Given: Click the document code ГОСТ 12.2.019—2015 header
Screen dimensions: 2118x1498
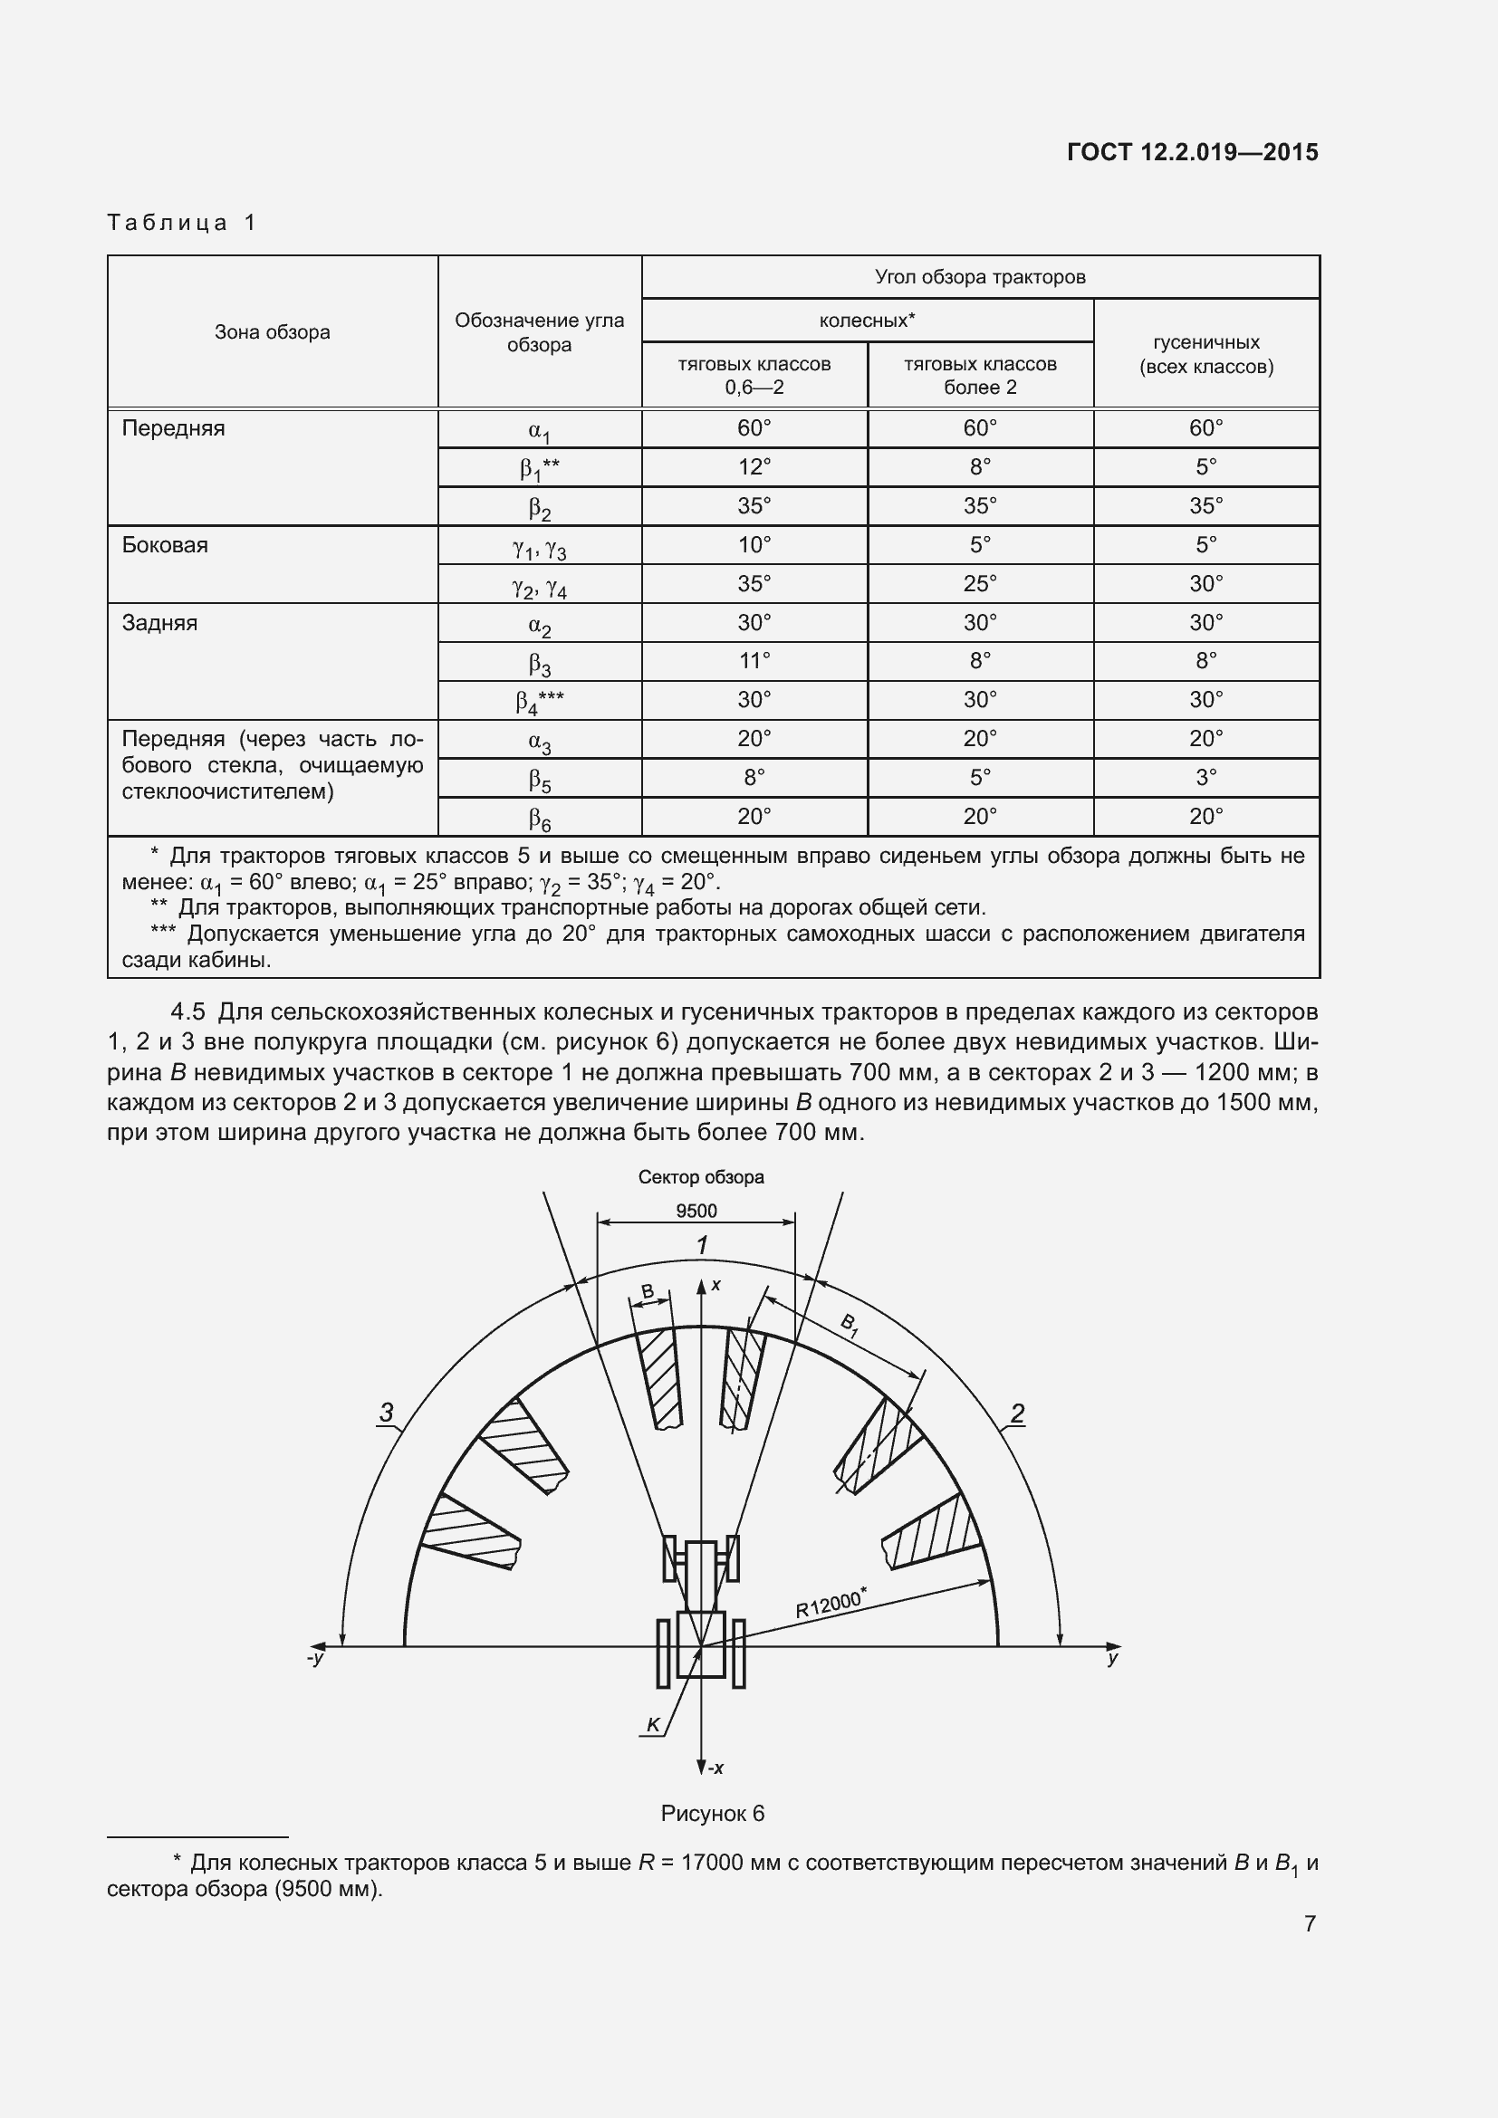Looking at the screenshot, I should coord(1192,153).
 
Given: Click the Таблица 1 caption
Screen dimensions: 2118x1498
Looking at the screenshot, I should coord(182,223).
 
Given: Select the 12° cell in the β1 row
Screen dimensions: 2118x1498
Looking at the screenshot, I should coord(754,466).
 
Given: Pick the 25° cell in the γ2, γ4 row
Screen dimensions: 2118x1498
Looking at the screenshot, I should coord(980,584).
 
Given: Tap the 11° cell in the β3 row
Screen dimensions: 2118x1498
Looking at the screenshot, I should coord(754,661).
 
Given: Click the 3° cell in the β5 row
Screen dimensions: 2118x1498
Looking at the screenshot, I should coord(1205,778).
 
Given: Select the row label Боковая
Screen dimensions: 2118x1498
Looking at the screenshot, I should coord(165,545).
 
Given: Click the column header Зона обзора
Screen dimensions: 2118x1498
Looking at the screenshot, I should coord(272,332).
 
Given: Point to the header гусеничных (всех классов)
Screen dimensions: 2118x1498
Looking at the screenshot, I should coord(1205,354).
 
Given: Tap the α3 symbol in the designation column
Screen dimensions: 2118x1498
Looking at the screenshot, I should coord(540,741).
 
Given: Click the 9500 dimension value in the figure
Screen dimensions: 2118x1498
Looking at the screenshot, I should coord(696,1212).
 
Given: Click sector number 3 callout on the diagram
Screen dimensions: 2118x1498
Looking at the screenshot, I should coord(387,1412).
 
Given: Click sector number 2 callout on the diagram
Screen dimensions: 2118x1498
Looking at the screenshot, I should coord(1017,1413).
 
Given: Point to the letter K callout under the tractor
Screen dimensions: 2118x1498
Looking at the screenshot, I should coord(653,1725).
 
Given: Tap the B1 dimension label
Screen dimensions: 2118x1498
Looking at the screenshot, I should coord(850,1326).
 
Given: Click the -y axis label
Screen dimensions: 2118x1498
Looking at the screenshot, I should coord(316,1658).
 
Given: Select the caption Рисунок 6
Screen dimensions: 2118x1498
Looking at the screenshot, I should coord(712,1814).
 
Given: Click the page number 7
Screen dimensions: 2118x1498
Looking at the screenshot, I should coord(1309,1923).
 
